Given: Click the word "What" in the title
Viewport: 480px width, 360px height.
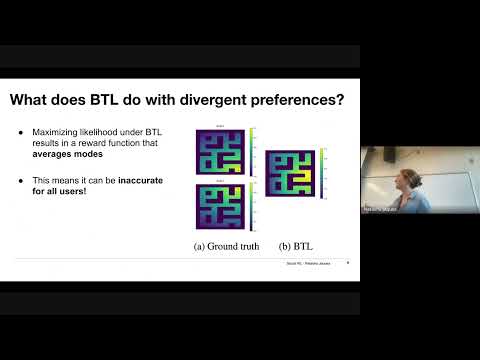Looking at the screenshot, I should (34, 100).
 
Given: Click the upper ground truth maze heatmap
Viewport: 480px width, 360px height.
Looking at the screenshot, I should (218, 149).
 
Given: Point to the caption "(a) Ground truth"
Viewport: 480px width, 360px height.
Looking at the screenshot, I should (226, 245).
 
